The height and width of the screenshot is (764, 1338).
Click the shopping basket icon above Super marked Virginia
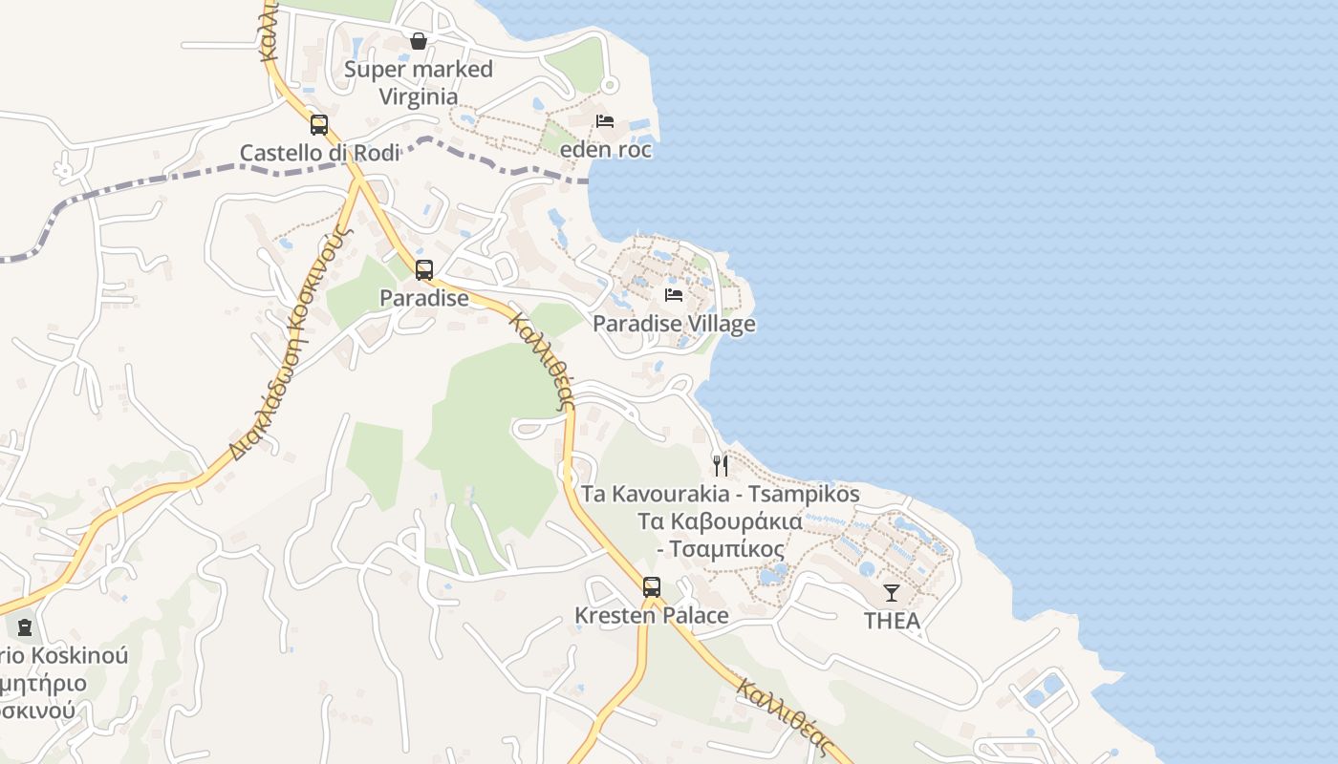coord(418,41)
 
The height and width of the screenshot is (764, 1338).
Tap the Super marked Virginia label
coord(418,82)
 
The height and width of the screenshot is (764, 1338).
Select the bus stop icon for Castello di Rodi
coord(319,125)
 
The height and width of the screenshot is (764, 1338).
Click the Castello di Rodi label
coord(319,153)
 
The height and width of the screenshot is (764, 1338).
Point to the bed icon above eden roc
coord(605,121)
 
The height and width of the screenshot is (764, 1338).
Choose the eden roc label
coord(606,150)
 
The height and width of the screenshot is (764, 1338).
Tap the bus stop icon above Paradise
coord(424,270)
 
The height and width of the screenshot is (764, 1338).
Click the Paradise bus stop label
coord(424,298)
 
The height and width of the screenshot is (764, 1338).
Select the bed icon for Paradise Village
coord(674,295)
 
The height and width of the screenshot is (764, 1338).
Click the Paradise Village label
coord(674,324)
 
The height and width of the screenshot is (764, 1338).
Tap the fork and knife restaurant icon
coord(721,466)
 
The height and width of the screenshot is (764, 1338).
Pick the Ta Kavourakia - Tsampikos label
coord(722,495)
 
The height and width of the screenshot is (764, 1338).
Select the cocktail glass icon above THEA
coord(892,593)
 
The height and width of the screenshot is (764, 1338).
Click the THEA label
coord(892,621)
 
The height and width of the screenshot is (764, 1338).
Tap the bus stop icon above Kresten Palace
coord(652,587)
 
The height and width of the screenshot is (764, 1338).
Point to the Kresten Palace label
coord(652,616)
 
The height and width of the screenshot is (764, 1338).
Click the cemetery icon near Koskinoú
coord(25,627)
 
